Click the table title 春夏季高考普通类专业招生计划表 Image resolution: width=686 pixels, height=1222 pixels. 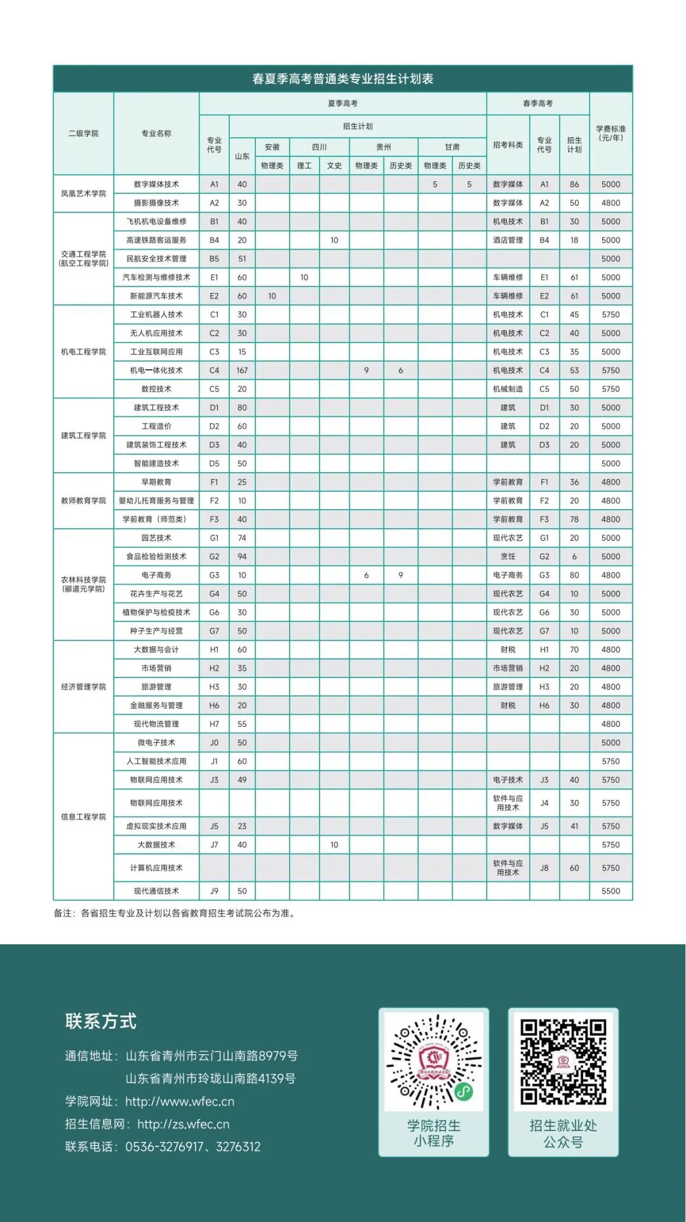pos(342,79)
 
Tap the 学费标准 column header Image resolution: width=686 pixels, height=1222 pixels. pos(610,133)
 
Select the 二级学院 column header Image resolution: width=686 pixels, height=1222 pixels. pos(83,133)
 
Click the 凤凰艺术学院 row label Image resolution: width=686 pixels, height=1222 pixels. pos(83,193)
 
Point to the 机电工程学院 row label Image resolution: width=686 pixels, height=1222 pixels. pos(83,351)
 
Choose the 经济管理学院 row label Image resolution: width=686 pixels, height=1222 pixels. pos(83,687)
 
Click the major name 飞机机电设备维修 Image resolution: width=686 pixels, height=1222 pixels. pos(156,222)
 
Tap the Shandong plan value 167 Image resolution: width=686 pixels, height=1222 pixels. pos(242,370)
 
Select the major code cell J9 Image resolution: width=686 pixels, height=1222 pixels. pos(214,891)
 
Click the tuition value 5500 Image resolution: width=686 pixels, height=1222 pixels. pos(610,891)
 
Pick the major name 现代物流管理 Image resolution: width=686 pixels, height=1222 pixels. pos(156,724)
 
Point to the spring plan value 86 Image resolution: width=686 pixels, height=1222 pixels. pos(574,184)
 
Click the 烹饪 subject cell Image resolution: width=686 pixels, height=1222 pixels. pos(508,557)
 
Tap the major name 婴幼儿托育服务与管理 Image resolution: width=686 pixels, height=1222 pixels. pos(156,501)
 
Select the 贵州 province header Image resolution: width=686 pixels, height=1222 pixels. pos(384,147)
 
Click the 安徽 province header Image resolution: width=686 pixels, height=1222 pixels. pos(272,147)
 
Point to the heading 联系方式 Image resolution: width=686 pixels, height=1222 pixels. pos(100,1021)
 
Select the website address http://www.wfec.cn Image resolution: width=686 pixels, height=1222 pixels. pos(180,1101)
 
